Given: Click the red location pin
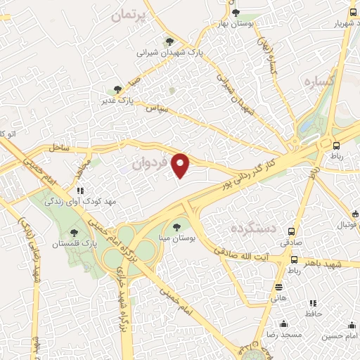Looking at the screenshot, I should click(181, 165).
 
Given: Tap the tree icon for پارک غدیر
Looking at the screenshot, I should click(117, 89).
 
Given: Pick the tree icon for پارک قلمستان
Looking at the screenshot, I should click(75, 232).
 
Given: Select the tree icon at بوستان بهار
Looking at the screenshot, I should click(236, 12).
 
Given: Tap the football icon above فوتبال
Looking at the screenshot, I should click(354, 214).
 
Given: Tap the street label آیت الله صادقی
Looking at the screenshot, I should click(243, 257).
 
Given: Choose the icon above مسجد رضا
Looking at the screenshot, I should click(283, 323).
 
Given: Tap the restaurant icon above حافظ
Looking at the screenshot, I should click(311, 304).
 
